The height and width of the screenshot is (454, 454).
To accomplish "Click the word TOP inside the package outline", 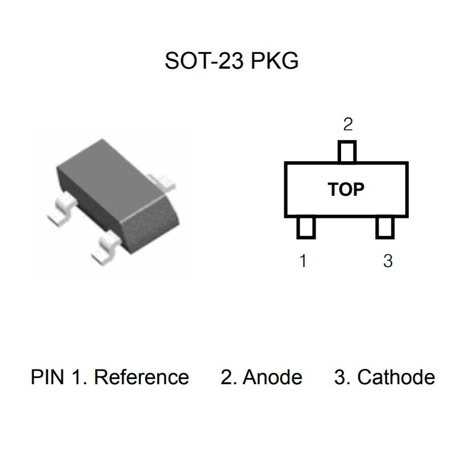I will coord(346,190).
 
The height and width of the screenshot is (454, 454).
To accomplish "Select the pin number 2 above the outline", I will coord(348,124).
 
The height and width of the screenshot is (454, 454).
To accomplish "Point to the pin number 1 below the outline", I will coord(303,261).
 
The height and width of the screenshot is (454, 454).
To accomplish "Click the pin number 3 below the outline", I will coord(388,261).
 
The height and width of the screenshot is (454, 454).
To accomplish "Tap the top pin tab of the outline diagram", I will coord(347,152).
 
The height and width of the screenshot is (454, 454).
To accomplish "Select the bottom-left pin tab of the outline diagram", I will coord(306,228).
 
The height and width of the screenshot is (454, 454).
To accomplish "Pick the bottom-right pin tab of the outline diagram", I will coord(385,228).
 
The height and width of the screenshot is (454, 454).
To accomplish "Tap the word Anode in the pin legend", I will coord(272,377).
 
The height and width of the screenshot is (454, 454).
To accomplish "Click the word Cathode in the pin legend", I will coord(396,377).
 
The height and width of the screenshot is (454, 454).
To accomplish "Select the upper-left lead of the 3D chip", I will coord(62,209).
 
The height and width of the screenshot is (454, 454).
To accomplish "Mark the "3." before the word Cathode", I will coord(342,377).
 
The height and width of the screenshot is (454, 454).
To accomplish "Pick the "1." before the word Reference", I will coord(79,377).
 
